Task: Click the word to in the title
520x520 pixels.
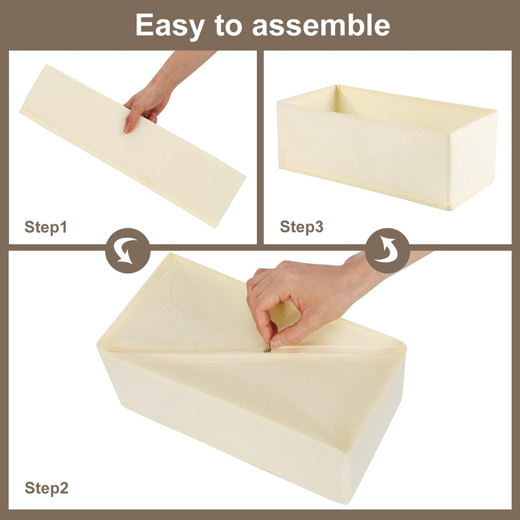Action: (228, 26)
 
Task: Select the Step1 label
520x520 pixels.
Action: (45, 227)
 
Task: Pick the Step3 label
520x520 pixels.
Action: (301, 227)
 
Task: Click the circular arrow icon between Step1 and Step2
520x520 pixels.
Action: (127, 251)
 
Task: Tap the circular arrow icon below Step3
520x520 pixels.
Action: (388, 251)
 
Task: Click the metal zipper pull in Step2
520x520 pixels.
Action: (267, 349)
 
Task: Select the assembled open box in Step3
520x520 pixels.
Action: (387, 146)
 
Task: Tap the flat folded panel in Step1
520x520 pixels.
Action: (132, 146)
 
